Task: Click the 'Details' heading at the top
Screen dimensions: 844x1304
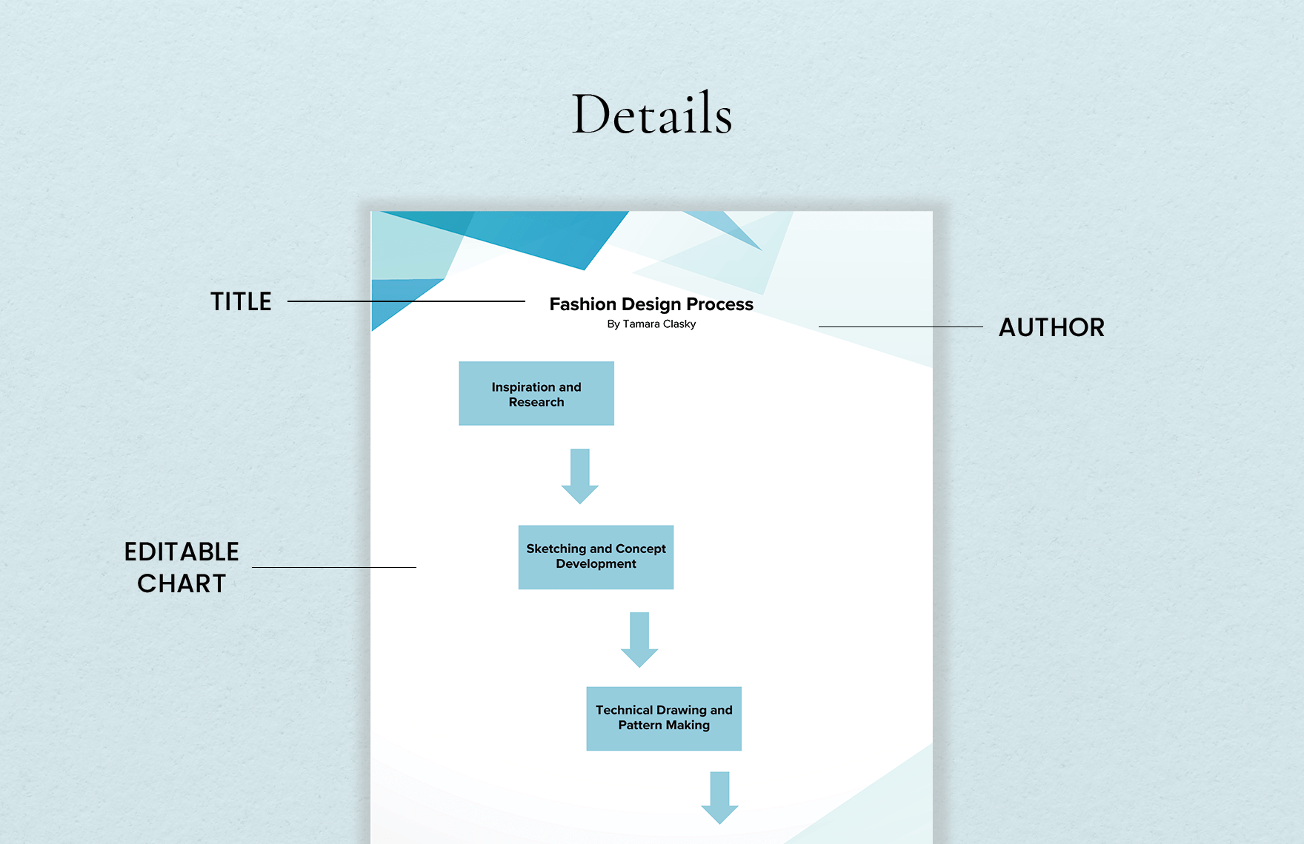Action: tap(652, 115)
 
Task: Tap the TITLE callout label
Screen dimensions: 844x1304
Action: tap(241, 302)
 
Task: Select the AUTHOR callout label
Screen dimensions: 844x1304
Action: tap(1051, 328)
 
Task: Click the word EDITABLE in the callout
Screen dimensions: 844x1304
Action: tap(182, 552)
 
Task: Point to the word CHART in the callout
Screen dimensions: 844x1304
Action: tap(182, 584)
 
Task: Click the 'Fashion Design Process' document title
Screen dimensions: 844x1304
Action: tap(651, 304)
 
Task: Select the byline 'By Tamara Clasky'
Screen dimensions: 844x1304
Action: tap(651, 324)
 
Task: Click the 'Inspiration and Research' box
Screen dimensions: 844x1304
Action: tap(536, 394)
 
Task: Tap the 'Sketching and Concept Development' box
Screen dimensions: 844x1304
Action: tap(596, 557)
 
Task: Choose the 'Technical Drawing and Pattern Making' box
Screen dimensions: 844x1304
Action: tap(664, 718)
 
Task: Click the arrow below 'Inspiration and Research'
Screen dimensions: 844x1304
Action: tap(580, 477)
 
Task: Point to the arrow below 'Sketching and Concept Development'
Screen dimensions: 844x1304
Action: tap(639, 640)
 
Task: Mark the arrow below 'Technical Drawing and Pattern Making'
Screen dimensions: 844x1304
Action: tap(719, 798)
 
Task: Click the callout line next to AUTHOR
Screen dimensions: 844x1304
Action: tap(900, 326)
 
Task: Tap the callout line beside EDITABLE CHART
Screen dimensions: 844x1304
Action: tap(333, 567)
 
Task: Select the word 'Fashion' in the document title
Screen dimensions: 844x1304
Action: tap(583, 304)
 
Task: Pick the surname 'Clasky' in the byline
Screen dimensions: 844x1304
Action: tap(679, 324)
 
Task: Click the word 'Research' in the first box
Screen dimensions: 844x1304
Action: tap(536, 402)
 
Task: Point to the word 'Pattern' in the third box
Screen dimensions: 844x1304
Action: tap(640, 726)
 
